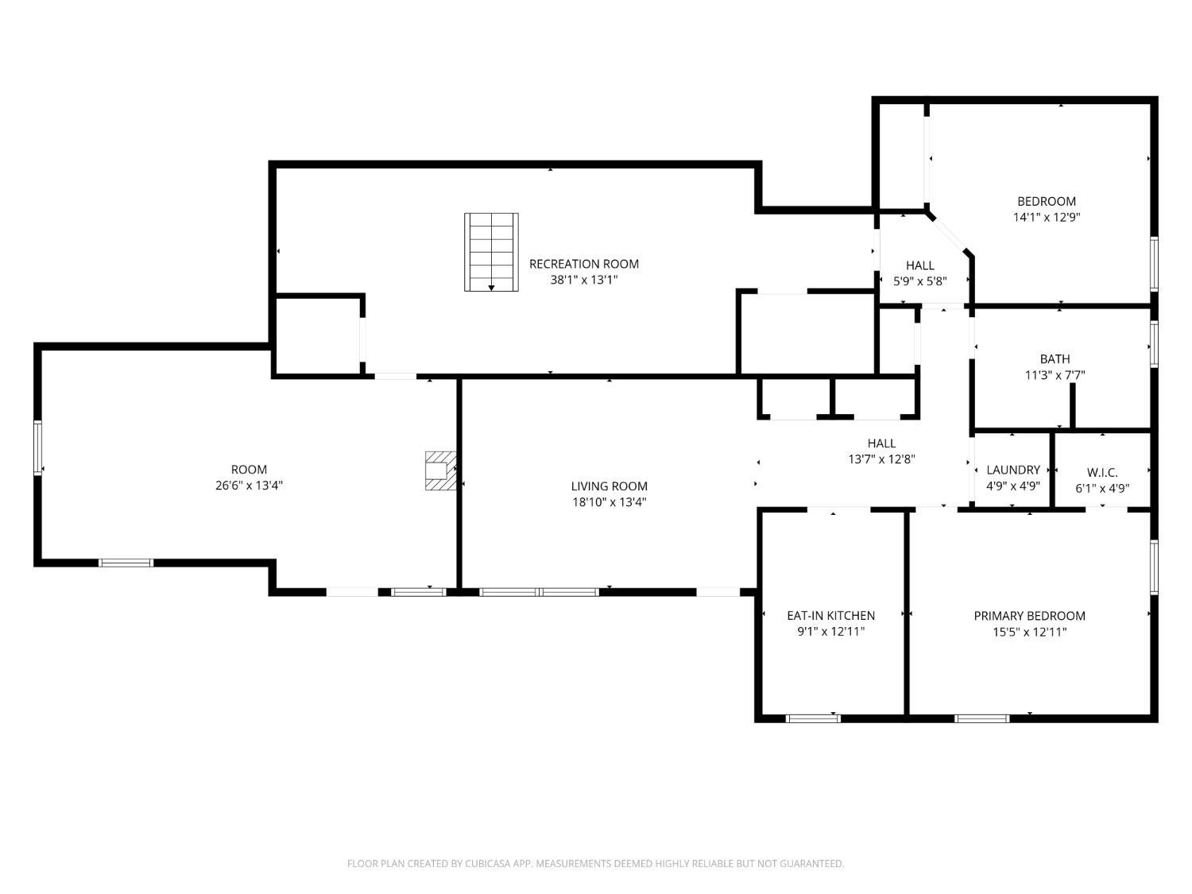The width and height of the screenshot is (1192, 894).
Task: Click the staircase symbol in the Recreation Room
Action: click(x=491, y=252)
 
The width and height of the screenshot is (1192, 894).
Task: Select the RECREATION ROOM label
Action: click(x=584, y=264)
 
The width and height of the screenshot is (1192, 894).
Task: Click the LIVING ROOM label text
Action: click(x=609, y=486)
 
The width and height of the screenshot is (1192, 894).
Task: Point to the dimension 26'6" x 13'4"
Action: click(x=249, y=486)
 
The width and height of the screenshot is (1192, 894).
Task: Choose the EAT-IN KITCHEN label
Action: click(x=830, y=616)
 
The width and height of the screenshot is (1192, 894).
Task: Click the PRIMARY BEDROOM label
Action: click(x=1029, y=616)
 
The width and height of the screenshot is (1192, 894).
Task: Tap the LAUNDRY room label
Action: click(x=1013, y=470)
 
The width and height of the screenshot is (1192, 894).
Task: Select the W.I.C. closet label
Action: click(x=1102, y=473)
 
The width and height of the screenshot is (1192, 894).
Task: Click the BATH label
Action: click(x=1055, y=359)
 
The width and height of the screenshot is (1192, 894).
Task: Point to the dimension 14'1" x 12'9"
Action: click(x=1047, y=217)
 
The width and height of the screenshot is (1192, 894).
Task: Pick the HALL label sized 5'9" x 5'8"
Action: click(x=920, y=265)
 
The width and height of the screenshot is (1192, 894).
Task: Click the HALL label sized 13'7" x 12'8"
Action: click(x=881, y=443)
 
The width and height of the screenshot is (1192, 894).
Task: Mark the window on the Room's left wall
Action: click(x=37, y=448)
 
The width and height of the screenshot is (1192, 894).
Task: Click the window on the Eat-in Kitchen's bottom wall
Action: click(x=812, y=718)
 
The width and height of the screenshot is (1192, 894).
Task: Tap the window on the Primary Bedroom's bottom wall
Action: click(x=982, y=718)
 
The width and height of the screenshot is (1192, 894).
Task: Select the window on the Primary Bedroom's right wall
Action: click(x=1154, y=566)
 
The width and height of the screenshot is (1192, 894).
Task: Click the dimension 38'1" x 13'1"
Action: click(x=584, y=280)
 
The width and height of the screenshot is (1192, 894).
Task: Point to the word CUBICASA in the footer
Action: click(x=486, y=863)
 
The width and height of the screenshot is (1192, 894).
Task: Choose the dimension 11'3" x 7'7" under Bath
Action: click(x=1055, y=375)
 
